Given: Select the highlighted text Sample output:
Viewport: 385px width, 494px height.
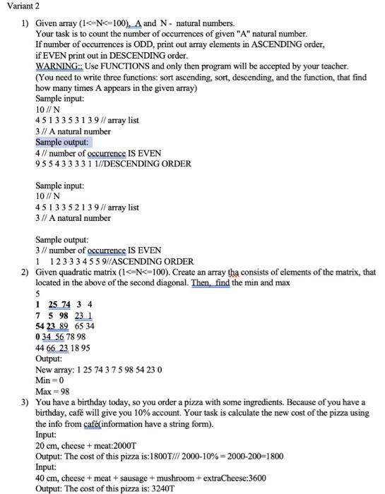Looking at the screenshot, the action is pyautogui.click(x=64, y=142).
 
